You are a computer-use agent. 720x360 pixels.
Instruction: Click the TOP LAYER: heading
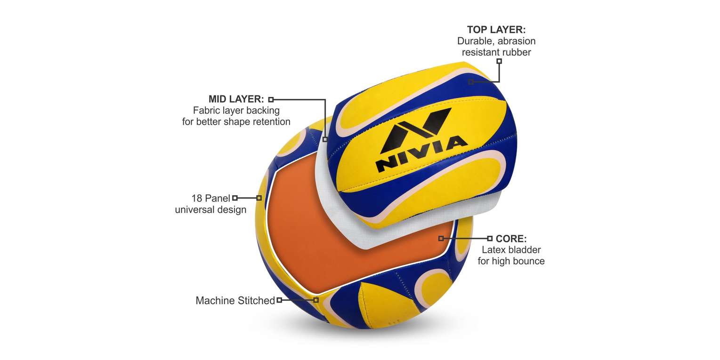(496, 30)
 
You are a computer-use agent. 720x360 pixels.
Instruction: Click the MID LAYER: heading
(236, 99)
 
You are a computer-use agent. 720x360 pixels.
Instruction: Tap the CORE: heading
(511, 239)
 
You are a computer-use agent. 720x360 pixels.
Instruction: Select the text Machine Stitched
(235, 301)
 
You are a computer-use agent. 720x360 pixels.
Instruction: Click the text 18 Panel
(211, 199)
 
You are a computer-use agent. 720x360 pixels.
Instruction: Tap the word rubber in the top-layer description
(515, 52)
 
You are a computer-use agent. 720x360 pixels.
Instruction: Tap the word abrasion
(517, 41)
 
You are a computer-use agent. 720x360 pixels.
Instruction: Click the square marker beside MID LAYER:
(271, 100)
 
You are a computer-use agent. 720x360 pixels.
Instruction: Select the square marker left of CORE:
(490, 238)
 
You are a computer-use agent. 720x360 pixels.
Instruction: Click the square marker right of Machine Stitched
(279, 300)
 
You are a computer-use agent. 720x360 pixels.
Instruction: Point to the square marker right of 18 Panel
(235, 198)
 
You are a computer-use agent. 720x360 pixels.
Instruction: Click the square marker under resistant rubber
(499, 61)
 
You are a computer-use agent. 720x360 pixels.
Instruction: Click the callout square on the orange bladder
(441, 238)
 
